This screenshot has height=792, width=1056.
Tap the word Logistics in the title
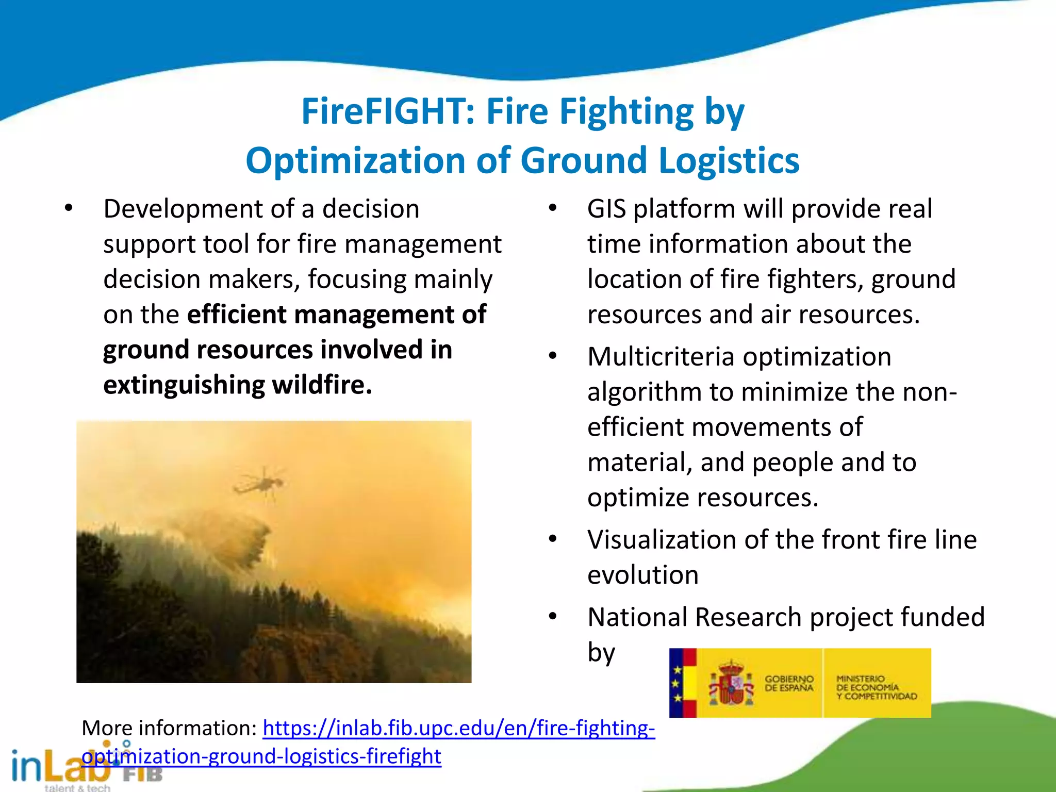[729, 161]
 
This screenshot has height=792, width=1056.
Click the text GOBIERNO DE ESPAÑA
[788, 684]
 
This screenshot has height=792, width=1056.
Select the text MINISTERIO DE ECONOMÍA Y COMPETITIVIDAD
[876, 688]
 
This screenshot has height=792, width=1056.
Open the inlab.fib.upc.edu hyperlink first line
[458, 728]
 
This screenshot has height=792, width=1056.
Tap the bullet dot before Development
[69, 209]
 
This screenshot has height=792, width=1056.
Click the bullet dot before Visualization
[553, 539]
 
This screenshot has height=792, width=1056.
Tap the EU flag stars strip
[676, 684]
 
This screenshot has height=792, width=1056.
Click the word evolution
[642, 575]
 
